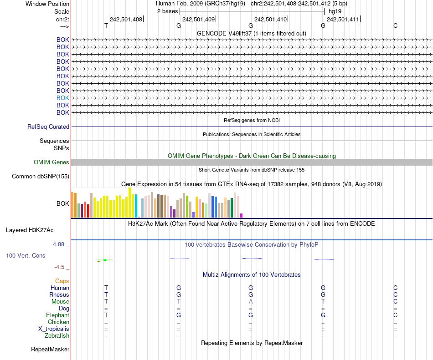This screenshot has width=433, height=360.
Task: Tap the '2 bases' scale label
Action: (167, 11)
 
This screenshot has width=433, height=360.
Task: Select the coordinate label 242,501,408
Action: (126, 19)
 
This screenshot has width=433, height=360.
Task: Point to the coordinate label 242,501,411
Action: (343, 19)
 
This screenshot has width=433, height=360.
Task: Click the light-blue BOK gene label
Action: (63, 98)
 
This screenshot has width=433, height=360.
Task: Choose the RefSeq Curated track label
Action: (48, 127)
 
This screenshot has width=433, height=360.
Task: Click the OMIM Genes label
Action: (52, 162)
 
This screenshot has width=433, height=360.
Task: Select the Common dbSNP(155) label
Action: (41, 177)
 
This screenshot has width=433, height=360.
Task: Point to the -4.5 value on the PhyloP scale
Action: (62, 267)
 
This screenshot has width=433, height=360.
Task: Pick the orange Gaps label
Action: (62, 281)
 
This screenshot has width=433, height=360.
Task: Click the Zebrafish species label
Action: (57, 336)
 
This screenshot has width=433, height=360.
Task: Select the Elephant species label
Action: (57, 315)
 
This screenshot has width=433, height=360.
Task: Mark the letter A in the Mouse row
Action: (251, 302)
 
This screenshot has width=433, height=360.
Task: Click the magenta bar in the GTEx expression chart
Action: (242, 215)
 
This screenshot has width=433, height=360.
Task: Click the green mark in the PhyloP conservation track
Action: (105, 260)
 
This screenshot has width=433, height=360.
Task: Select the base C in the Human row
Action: (395, 288)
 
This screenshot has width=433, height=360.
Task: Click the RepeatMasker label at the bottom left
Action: (50, 350)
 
